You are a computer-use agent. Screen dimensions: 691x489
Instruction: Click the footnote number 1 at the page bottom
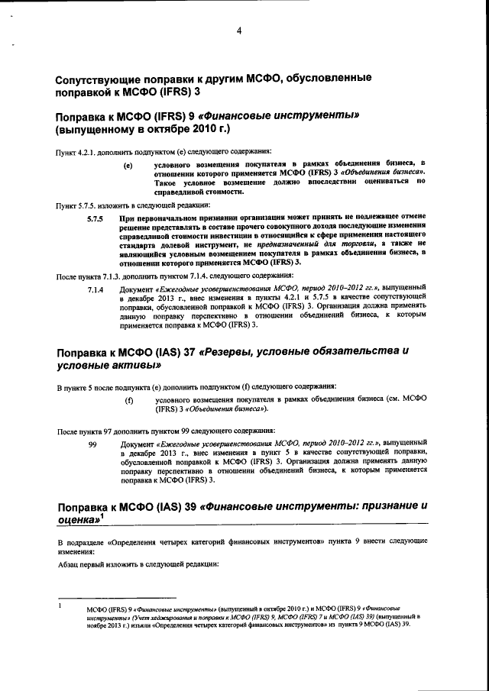pyautogui.click(x=60, y=605)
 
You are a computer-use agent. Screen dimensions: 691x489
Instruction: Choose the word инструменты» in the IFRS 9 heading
pyautogui.click(x=319, y=117)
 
